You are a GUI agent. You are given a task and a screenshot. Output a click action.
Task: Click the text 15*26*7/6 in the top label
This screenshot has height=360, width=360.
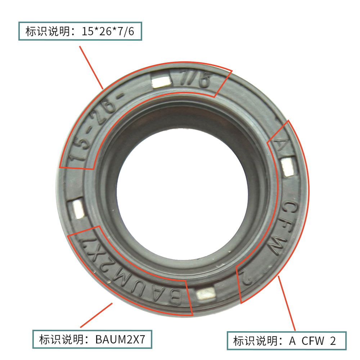pyautogui.click(x=108, y=32)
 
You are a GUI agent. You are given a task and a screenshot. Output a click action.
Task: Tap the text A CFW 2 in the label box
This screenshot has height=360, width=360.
pyautogui.click(x=312, y=341)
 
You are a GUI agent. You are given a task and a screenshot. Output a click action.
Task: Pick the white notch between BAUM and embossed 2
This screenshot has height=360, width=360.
pyautogui.click(x=206, y=294)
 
